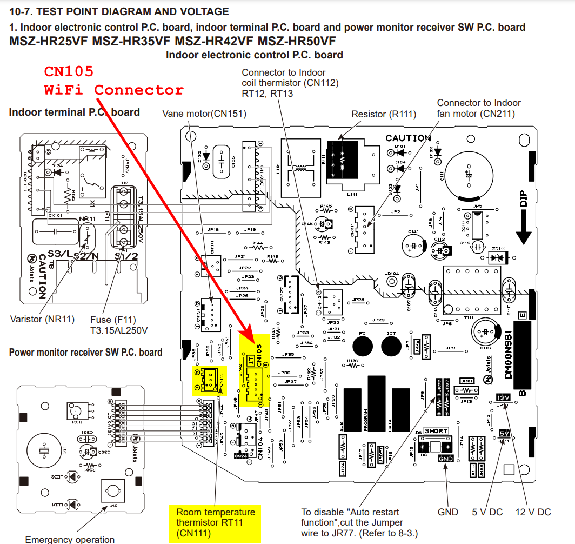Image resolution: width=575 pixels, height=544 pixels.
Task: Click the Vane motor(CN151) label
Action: (204, 114)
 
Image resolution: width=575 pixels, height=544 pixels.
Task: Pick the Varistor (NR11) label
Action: (42, 319)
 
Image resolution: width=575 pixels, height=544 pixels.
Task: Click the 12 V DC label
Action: (533, 512)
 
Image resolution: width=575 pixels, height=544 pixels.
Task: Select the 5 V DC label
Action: (488, 512)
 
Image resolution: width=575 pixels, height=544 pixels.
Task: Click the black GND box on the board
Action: (446, 459)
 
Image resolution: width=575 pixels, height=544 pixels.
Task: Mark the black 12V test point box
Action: (504, 398)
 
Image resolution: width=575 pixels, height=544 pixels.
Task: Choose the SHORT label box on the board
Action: (436, 431)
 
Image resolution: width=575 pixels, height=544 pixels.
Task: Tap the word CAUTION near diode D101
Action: (408, 138)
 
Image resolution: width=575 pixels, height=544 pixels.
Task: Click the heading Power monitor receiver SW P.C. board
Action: (85, 353)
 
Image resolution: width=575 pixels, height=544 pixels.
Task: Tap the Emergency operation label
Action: (70, 539)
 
